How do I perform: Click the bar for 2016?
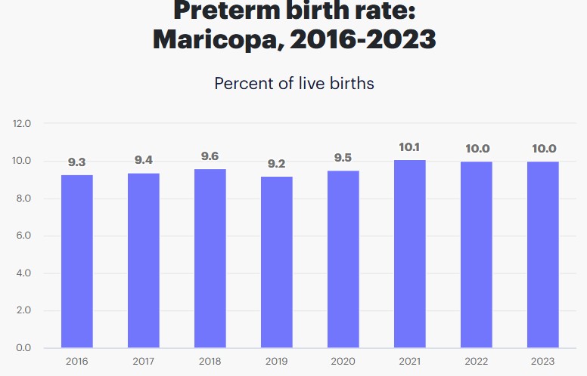tap(76, 261)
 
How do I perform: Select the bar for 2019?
tap(276, 262)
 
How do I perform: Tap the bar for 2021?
tap(409, 254)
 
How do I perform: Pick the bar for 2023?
tap(542, 254)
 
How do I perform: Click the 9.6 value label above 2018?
tap(210, 156)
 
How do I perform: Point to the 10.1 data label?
tap(409, 147)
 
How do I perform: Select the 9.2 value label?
tap(276, 162)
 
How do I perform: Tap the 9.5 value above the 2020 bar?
tap(343, 158)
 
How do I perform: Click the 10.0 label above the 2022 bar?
tap(476, 149)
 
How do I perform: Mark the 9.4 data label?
tap(143, 160)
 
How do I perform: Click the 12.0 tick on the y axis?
tap(22, 123)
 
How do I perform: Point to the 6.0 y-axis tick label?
tap(22, 236)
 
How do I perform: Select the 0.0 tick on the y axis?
tap(22, 348)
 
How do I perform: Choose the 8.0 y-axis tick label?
tap(22, 199)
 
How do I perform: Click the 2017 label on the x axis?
tap(143, 362)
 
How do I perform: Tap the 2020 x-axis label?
tap(343, 362)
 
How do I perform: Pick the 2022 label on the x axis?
tap(476, 362)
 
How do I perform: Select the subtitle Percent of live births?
tap(293, 83)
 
